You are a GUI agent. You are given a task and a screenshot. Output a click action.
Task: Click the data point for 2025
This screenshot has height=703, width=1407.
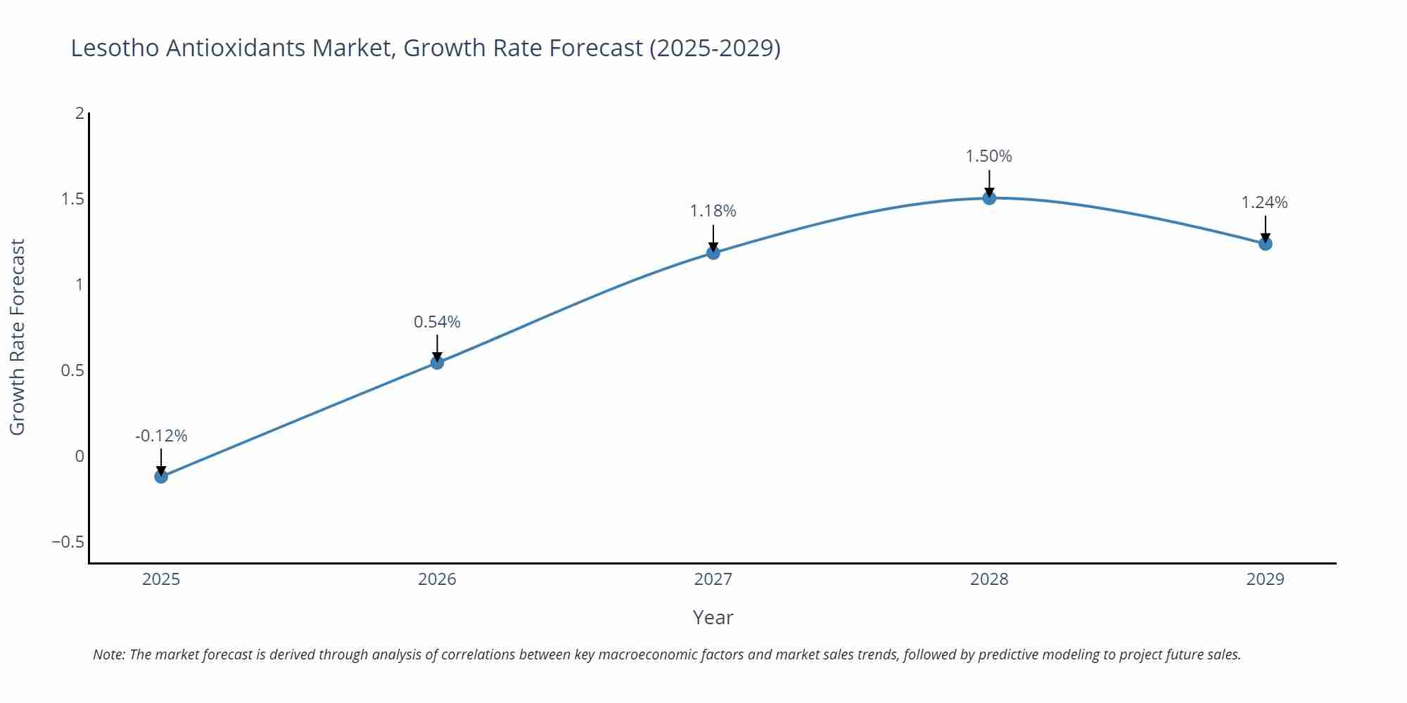coord(161,477)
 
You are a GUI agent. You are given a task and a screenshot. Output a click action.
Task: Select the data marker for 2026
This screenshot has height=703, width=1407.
coord(437,363)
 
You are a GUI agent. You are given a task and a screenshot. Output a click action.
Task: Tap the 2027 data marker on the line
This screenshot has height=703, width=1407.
coord(713,252)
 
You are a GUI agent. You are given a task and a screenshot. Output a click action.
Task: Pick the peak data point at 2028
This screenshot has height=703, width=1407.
coord(989,198)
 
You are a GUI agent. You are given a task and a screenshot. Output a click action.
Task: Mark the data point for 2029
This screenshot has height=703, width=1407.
coord(1265,244)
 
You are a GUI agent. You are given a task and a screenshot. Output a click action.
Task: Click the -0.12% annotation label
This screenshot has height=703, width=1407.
coord(161,436)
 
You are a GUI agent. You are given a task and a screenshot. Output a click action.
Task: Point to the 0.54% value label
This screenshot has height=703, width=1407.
coord(437,322)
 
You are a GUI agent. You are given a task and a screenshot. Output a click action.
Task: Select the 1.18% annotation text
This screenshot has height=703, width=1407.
coord(713,211)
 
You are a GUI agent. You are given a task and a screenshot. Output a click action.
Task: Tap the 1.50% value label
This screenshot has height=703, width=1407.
coord(988,156)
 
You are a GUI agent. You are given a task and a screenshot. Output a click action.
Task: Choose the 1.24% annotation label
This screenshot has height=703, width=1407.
coord(1264,202)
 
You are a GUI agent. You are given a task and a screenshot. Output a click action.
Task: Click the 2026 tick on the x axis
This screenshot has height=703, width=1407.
coord(437,579)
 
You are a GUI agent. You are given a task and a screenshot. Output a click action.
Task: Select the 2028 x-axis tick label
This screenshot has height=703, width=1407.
coord(989,579)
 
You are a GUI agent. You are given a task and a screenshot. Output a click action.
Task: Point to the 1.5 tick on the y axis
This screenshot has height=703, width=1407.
coord(72,199)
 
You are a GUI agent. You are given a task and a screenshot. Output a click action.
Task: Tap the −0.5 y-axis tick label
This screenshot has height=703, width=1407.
coord(68,542)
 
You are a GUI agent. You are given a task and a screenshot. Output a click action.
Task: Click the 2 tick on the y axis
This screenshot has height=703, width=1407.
coord(79,113)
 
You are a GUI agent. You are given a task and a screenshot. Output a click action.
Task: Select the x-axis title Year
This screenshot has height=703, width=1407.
coord(713,617)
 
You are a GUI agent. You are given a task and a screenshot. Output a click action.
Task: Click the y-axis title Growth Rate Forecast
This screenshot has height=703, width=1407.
coord(18,337)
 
